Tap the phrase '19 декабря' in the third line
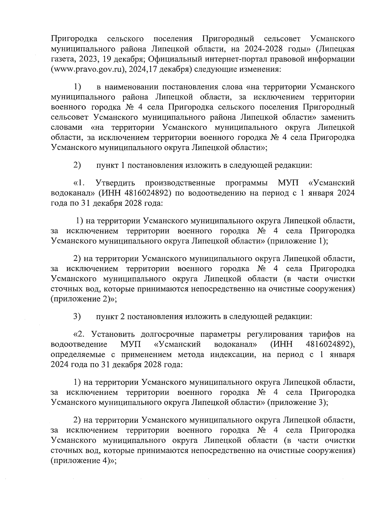pos(116,59)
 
